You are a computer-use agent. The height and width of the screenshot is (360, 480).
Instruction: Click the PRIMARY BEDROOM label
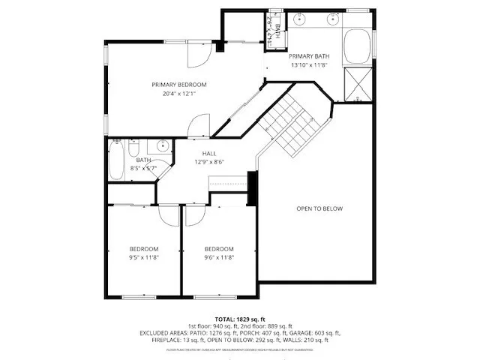(x=178, y=85)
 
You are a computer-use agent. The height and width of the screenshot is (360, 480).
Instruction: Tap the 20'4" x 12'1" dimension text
(x=178, y=94)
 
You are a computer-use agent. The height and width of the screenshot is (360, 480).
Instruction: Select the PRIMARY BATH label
(x=309, y=56)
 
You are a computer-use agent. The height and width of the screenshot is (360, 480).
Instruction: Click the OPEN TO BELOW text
(x=319, y=208)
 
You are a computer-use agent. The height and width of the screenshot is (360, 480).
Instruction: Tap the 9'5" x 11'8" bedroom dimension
(x=143, y=257)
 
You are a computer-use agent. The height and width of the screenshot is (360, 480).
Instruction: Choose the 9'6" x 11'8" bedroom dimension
(x=219, y=257)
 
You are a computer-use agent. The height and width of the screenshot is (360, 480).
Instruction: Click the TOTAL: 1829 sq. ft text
(x=240, y=319)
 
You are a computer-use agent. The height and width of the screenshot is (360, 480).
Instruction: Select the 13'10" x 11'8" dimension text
(x=309, y=65)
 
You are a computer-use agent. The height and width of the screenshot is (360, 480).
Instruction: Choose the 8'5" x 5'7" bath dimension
(x=143, y=169)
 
